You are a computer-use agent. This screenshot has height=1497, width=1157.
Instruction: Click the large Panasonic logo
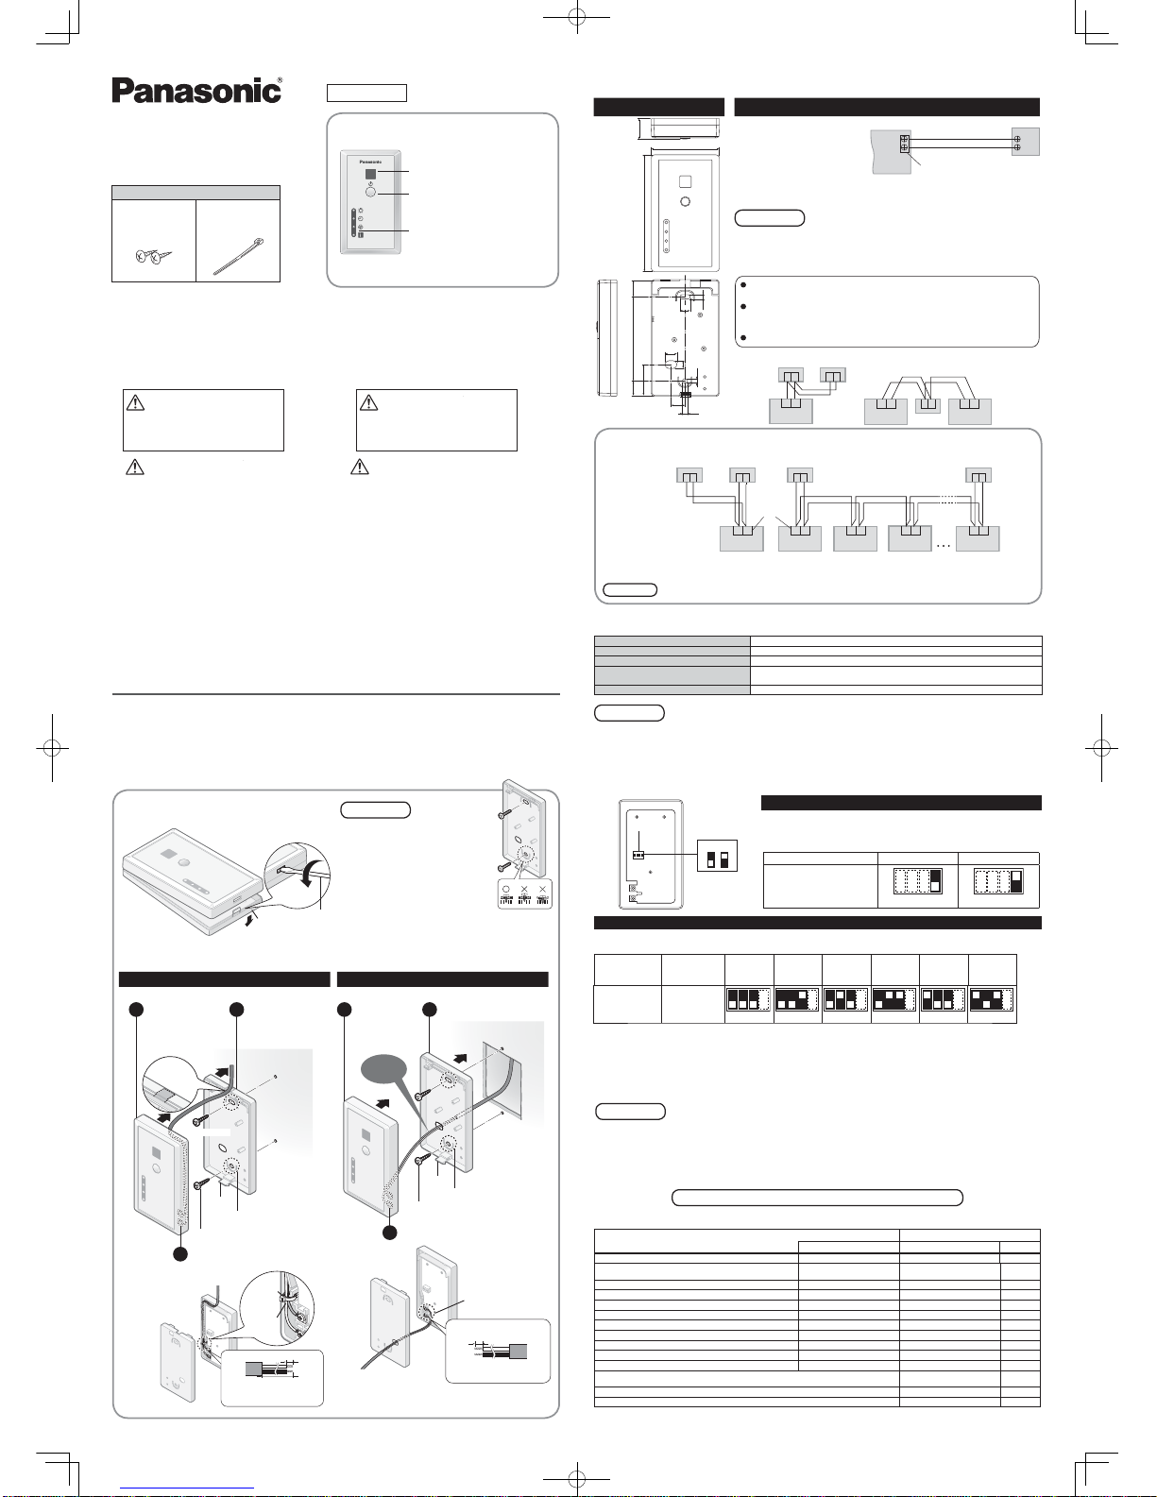(196, 91)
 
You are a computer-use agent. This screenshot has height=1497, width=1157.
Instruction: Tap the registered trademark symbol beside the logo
(280, 81)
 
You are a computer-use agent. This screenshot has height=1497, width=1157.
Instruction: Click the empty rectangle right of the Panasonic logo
(366, 93)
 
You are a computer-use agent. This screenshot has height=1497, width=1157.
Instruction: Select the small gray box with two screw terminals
(1026, 142)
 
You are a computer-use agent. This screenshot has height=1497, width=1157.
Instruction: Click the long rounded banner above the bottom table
(817, 1198)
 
